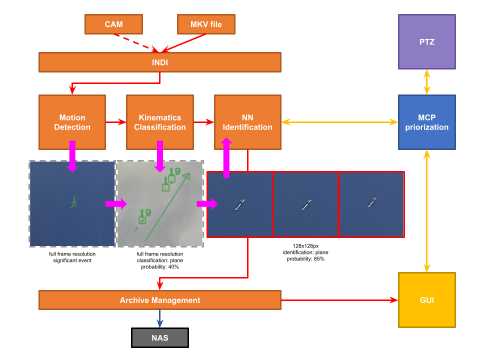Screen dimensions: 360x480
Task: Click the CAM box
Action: coord(113,24)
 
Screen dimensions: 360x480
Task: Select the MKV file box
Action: coord(206,24)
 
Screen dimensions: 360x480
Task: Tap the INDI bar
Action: coord(160,62)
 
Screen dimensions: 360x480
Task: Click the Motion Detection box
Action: coord(72,122)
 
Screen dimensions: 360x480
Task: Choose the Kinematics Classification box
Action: coord(160,122)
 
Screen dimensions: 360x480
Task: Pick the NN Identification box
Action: coord(247,122)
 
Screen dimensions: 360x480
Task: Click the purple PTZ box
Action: coord(426,41)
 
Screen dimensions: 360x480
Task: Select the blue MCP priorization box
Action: coord(426,122)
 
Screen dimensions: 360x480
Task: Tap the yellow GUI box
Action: coord(426,300)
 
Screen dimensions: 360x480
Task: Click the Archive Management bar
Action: coord(160,300)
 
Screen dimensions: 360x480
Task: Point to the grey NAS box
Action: coord(160,338)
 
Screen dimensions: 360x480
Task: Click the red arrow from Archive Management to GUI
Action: coord(340,300)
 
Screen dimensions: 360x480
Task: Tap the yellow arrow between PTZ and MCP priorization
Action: coord(426,82)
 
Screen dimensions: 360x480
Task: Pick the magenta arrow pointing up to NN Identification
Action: coord(226,157)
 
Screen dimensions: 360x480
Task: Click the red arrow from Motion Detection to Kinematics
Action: coord(115,122)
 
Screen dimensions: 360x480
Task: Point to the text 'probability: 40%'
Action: coord(160,267)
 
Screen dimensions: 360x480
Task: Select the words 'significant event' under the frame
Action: coord(72,260)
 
